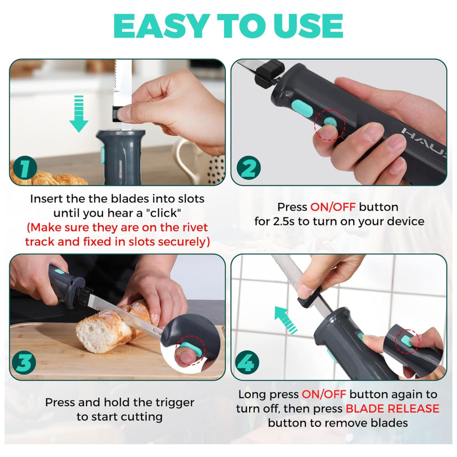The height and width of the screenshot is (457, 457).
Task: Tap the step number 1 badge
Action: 25,168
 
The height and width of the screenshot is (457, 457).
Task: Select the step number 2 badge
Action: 249,168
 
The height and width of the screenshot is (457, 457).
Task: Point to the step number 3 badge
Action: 24,363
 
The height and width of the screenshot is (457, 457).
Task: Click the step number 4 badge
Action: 247,363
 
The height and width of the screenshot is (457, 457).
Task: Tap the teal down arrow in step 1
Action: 79,114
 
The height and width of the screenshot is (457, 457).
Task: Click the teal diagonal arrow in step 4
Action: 285,319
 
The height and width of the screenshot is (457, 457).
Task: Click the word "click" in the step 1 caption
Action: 165,213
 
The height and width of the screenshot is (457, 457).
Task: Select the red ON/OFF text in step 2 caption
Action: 333,207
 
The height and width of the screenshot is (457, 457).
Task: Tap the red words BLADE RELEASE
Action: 392,409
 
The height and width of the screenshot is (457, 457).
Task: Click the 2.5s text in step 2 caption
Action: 284,222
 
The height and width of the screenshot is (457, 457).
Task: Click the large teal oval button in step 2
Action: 303,108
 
